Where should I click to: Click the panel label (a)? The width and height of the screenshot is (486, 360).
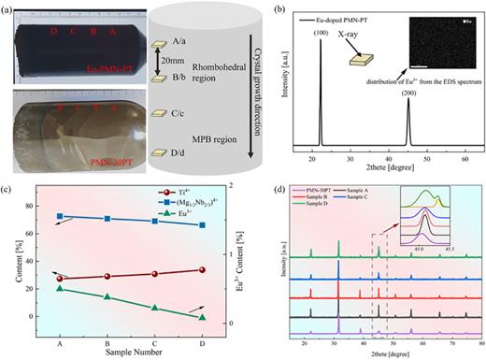[8, 9]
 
